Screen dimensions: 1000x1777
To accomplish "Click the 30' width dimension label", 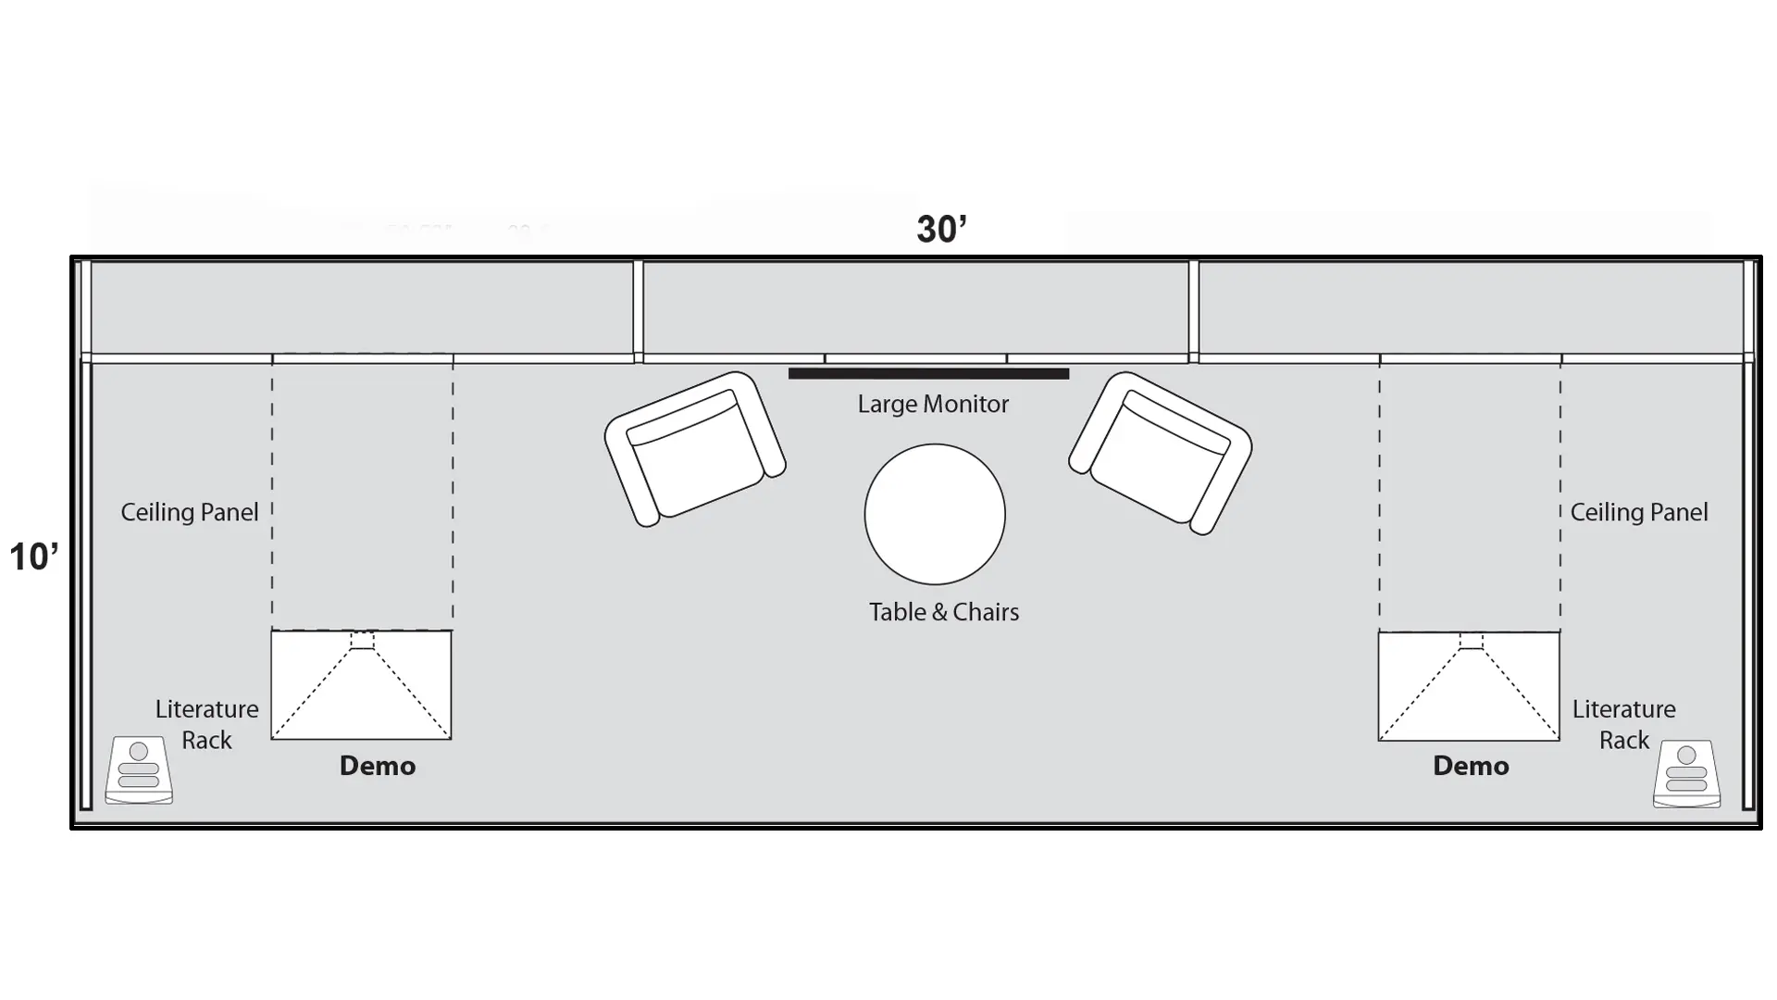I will (941, 229).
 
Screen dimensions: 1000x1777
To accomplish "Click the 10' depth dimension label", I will (34, 556).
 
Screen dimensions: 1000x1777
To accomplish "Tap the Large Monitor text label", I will (932, 404).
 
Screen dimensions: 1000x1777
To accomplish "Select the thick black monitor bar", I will (928, 374).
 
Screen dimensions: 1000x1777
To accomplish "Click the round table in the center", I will (935, 514).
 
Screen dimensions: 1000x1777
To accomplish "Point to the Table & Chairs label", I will (943, 612).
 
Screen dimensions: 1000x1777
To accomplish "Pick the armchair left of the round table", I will (694, 449).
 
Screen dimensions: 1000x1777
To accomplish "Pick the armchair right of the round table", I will (1161, 453).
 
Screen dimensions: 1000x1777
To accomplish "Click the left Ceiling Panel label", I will (190, 512).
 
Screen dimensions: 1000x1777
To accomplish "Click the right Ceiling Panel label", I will (1638, 512).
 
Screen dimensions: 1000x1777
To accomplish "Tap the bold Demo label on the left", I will (378, 766).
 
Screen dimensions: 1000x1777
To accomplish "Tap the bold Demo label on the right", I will (1471, 766).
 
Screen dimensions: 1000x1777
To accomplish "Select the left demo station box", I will (361, 690).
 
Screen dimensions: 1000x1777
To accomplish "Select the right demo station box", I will (1469, 691).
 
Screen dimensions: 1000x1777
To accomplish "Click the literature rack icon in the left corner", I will (139, 770).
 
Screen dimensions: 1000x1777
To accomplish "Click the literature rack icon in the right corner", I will (1686, 773).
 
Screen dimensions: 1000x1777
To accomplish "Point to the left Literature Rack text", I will (206, 724).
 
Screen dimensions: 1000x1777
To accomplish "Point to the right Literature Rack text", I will (1624, 724).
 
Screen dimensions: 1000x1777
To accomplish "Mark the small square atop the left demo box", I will (362, 641).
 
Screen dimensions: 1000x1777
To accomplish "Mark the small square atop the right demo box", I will (1471, 642).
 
